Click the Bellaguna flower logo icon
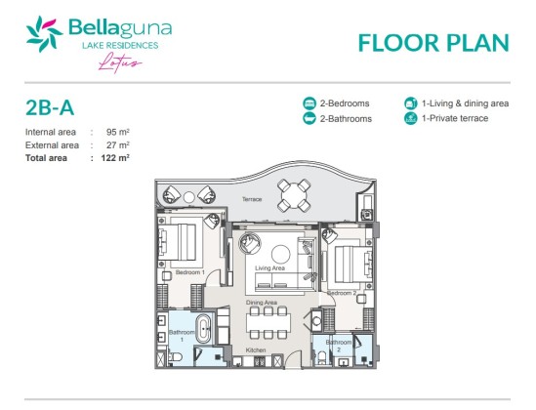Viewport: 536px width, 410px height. point(44,34)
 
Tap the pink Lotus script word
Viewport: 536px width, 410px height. point(120,62)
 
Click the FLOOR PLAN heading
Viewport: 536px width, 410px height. point(433,43)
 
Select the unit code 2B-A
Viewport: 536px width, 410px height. point(50,107)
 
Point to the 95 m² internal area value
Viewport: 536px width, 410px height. point(117,132)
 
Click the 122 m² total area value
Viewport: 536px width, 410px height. point(115,158)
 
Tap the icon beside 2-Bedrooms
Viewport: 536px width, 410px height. point(309,103)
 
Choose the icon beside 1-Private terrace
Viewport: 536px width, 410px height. point(411,118)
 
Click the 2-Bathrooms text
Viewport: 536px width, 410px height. point(346,118)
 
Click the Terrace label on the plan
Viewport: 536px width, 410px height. point(252,199)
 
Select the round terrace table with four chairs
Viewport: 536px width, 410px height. point(294,195)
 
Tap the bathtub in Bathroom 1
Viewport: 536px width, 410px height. point(203,329)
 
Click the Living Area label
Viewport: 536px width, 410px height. point(269,268)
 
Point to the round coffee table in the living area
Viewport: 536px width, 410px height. point(280,254)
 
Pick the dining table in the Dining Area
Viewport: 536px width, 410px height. point(268,323)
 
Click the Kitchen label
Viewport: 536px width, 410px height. point(256,350)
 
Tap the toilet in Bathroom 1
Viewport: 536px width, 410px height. point(176,357)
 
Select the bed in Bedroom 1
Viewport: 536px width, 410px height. point(177,242)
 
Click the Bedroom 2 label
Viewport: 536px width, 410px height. point(342,293)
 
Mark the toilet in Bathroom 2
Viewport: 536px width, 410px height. point(322,357)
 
